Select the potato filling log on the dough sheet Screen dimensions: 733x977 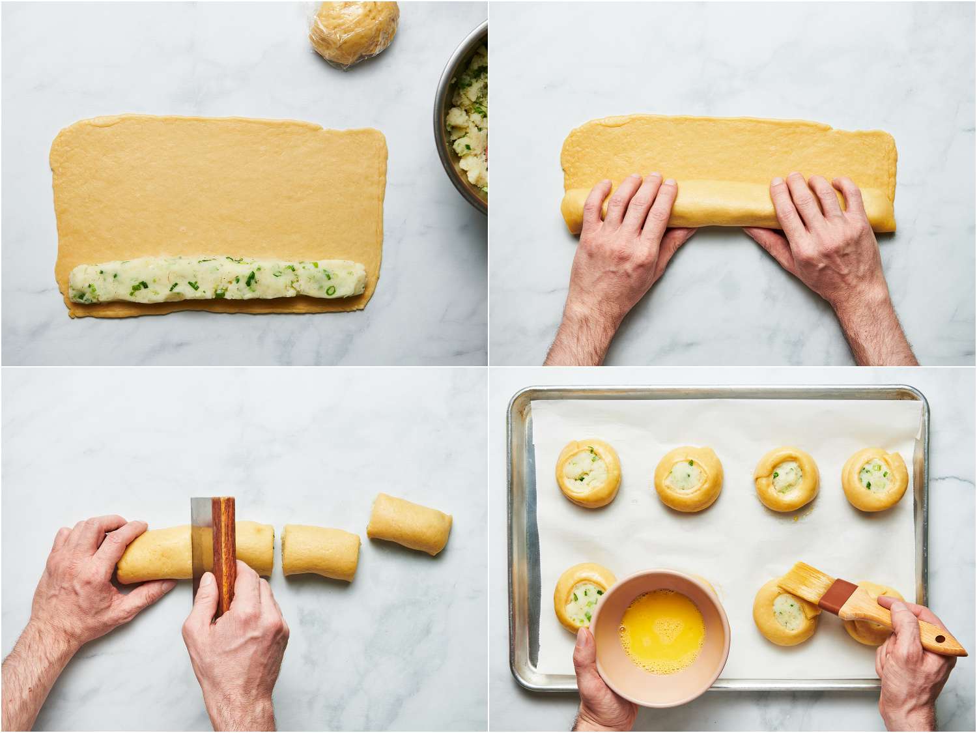218,278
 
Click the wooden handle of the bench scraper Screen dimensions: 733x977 223,554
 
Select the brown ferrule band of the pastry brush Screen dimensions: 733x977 838,603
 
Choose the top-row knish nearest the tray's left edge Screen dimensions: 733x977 588,472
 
